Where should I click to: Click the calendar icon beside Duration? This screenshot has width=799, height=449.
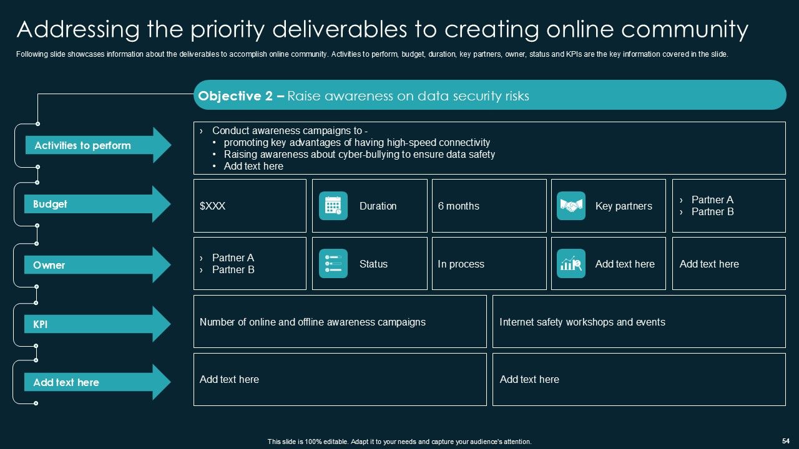point(333,206)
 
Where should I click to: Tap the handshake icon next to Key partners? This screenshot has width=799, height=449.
point(571,206)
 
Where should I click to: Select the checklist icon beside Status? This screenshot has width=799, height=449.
point(333,264)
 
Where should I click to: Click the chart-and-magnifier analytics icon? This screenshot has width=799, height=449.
point(571,264)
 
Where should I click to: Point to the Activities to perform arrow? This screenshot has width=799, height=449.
point(94,145)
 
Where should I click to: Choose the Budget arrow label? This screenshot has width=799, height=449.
point(94,204)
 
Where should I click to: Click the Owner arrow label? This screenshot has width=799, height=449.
point(94,265)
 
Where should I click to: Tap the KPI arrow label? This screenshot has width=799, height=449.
point(94,324)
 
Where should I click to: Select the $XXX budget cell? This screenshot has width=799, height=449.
point(250,206)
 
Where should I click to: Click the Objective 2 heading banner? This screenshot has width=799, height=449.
point(489,95)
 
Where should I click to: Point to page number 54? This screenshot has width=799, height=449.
point(785,440)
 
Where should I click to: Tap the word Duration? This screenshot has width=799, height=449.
point(378,206)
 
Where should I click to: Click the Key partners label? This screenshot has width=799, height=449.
point(624,206)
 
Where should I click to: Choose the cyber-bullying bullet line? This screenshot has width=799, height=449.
point(359,154)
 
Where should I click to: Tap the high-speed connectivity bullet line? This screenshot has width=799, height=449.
point(356,142)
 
